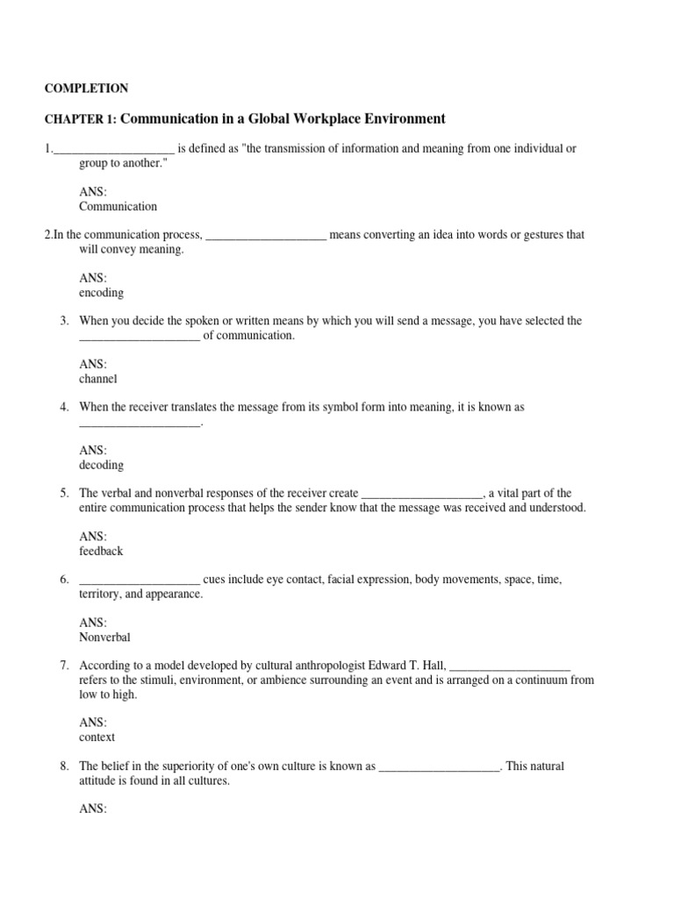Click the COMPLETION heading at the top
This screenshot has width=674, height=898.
86,89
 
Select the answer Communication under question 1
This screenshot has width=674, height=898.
118,207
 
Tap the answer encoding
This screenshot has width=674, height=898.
101,293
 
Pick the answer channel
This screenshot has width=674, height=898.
97,379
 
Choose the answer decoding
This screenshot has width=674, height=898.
101,465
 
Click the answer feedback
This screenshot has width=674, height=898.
101,551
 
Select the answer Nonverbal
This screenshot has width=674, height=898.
104,638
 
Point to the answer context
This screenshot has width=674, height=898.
97,738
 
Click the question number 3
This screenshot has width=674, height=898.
64,321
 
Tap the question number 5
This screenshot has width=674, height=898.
64,494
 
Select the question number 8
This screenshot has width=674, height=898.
64,766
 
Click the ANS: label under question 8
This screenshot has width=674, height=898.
93,809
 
